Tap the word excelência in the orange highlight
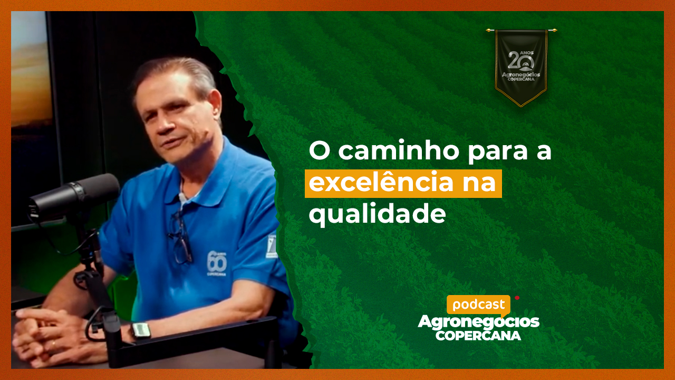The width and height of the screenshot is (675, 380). [x=381, y=183]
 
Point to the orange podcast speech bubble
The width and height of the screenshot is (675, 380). [x=478, y=305]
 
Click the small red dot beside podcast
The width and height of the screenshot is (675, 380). [x=517, y=298]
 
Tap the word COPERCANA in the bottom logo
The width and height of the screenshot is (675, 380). [x=478, y=336]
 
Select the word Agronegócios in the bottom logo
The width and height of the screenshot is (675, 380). [x=478, y=322]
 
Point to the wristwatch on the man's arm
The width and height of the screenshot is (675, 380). [x=141, y=330]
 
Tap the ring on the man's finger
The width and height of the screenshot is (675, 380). [x=53, y=343]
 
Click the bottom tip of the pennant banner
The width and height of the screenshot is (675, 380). [x=522, y=106]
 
